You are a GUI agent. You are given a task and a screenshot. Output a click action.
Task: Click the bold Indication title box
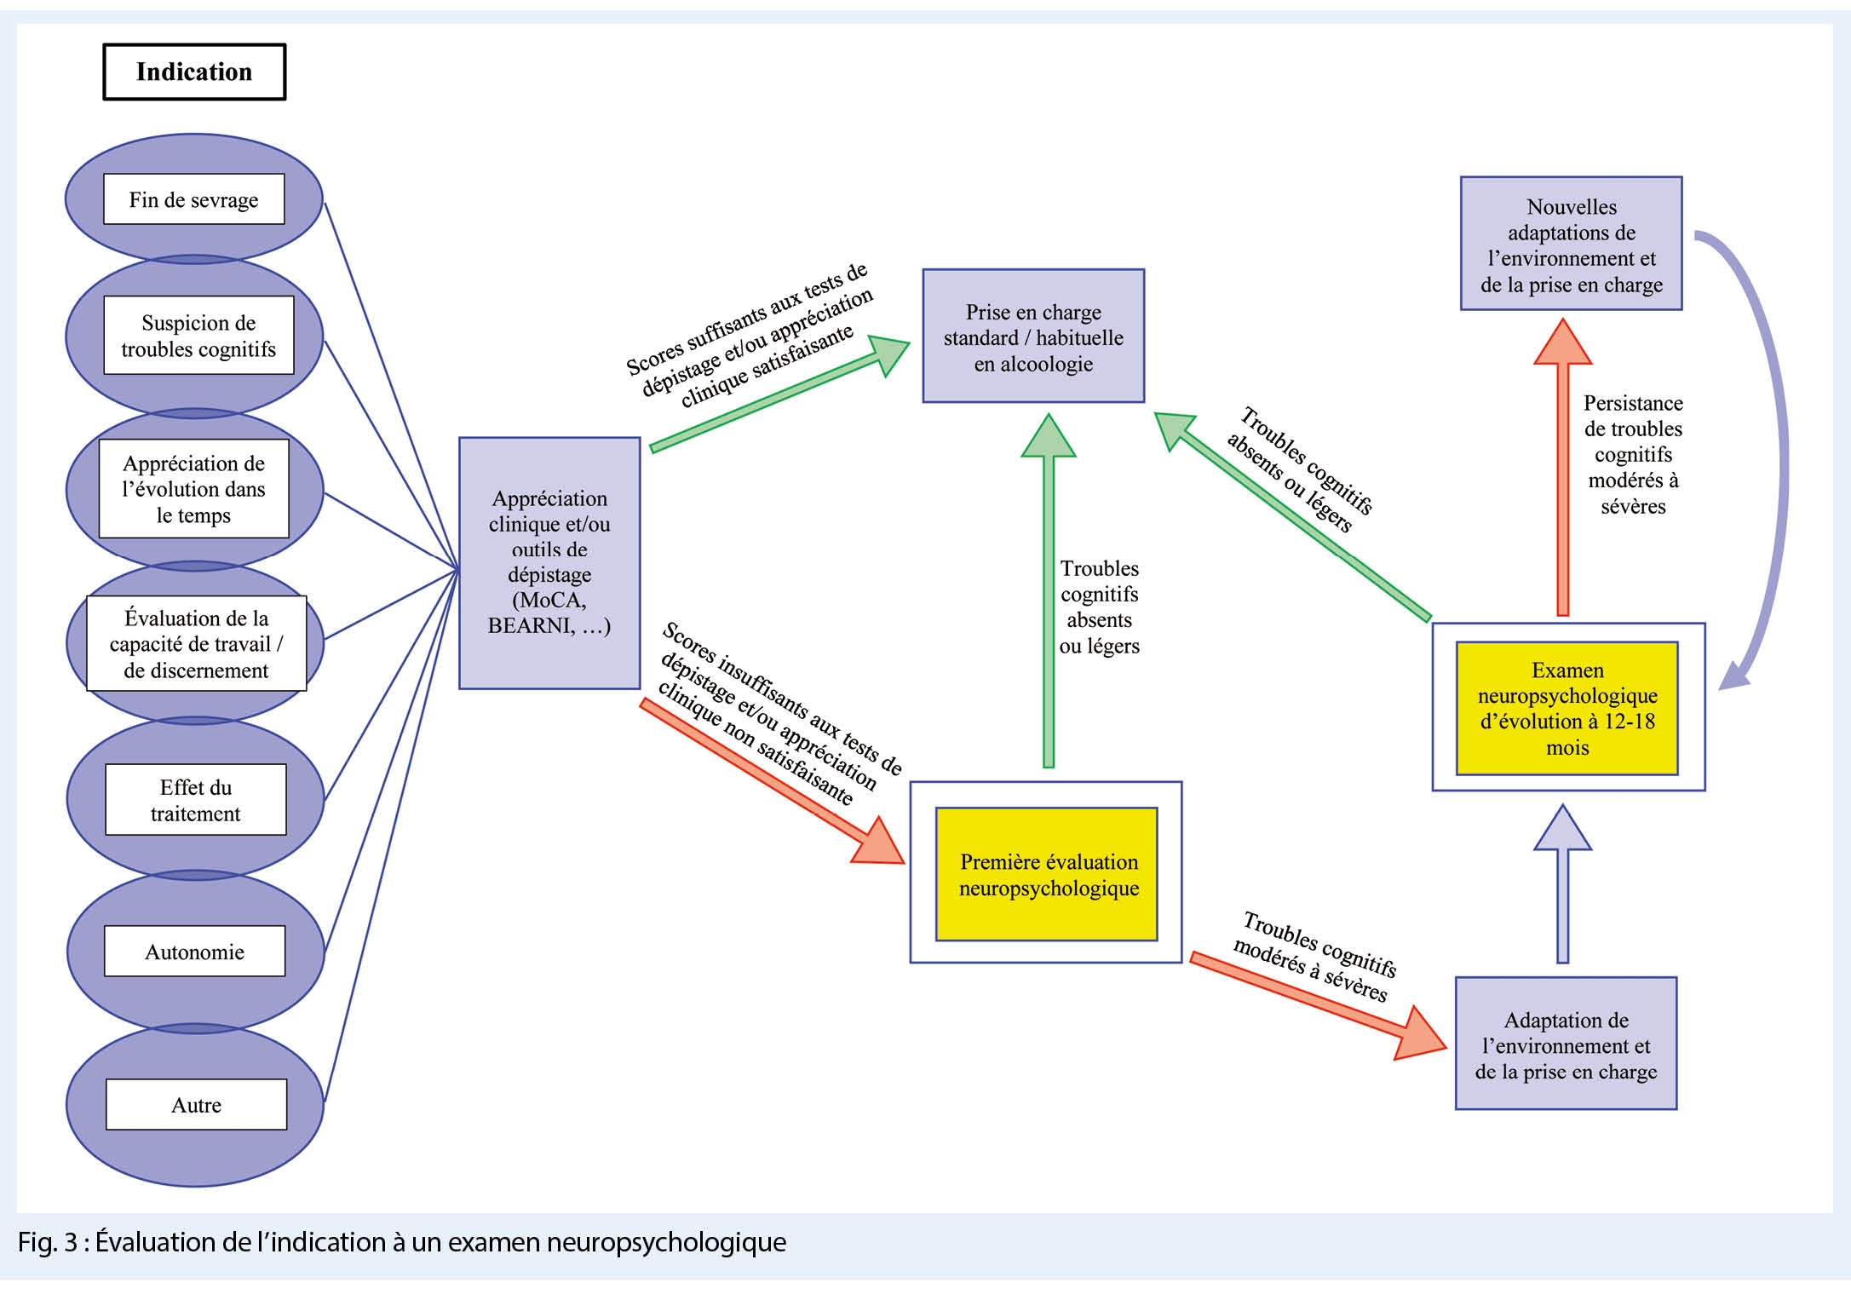click(194, 72)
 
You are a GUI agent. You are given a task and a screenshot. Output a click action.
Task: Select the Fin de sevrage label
click(194, 199)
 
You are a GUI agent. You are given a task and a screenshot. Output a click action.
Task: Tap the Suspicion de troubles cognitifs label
click(198, 336)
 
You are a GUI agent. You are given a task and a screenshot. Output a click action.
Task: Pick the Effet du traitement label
click(196, 800)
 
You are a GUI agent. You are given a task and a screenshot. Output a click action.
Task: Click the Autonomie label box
click(195, 952)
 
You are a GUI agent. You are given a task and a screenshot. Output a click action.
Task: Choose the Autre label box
click(197, 1105)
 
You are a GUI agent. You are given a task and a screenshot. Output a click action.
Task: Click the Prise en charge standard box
click(1033, 337)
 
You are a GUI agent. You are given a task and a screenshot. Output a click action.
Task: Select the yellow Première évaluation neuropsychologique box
click(1047, 875)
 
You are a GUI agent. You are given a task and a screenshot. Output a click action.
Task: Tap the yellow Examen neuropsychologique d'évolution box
click(1567, 709)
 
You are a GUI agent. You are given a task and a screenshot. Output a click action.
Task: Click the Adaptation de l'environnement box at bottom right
click(1566, 1044)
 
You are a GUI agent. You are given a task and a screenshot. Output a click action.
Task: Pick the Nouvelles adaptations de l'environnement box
click(1571, 244)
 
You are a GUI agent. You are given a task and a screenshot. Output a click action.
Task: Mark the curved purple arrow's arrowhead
click(1734, 677)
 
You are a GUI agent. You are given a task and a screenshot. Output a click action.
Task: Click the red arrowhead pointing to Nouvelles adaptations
click(1563, 343)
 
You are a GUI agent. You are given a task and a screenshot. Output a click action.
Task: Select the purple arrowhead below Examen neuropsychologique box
click(1563, 829)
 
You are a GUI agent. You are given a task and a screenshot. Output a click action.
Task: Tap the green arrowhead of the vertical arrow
click(1049, 437)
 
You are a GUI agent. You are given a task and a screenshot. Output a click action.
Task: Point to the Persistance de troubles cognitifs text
click(1633, 455)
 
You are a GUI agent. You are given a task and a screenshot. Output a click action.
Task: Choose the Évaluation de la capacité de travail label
click(197, 644)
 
